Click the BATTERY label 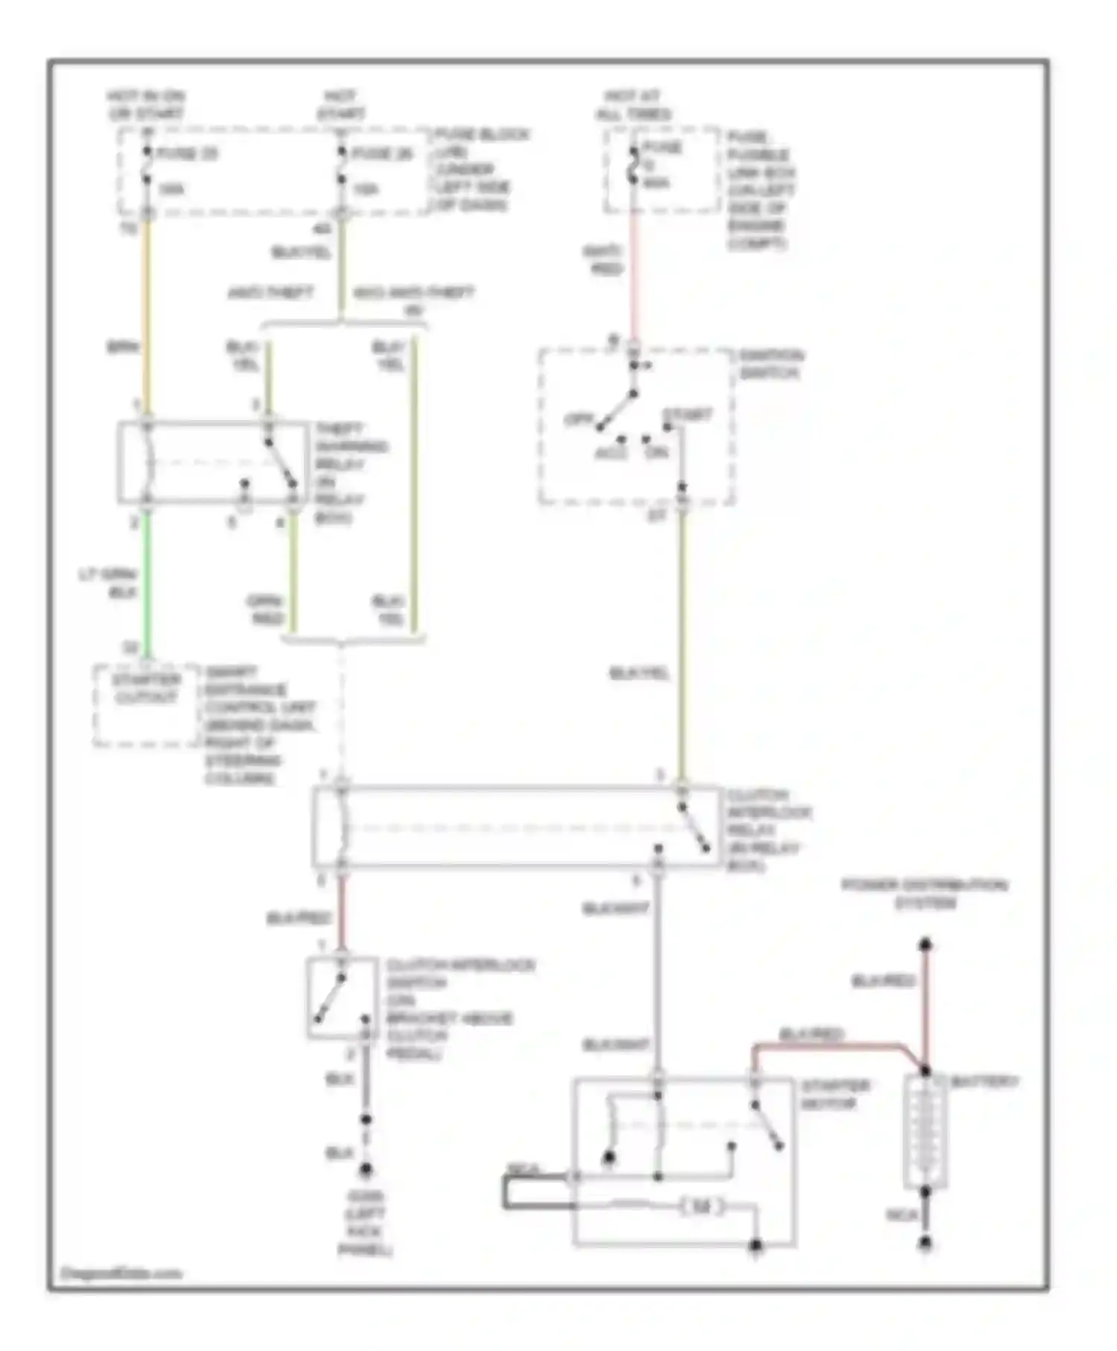coord(983,1081)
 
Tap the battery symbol coord(925,1132)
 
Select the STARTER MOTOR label coord(835,1094)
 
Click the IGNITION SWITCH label coord(770,363)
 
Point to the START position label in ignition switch coord(687,414)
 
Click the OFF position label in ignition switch coord(578,419)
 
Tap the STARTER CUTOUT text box coord(146,689)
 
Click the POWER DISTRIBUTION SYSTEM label coord(924,894)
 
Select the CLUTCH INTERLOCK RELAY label coord(768,830)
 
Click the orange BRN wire coord(147,313)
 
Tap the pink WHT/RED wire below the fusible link coord(634,276)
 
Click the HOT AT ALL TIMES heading coord(633,105)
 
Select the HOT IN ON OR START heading coord(146,105)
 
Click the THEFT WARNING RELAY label coord(350,472)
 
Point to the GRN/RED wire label coord(267,609)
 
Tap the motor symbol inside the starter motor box coord(701,1207)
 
